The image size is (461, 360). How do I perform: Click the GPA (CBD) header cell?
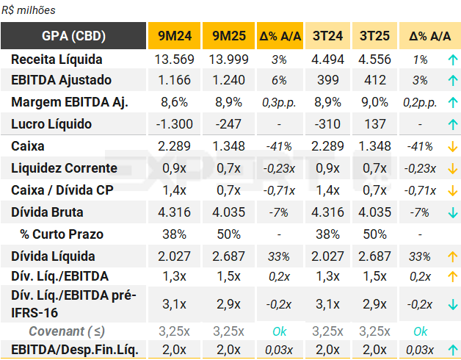pyautogui.click(x=73, y=36)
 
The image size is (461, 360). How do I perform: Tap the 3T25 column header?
pyautogui.click(x=374, y=36)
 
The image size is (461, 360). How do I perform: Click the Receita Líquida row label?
pyautogui.click(x=57, y=60)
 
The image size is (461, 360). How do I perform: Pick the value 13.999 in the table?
pyautogui.click(x=228, y=60)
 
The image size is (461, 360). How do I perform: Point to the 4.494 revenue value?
pyautogui.click(x=327, y=60)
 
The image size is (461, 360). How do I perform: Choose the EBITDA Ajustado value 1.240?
pyautogui.click(x=228, y=80)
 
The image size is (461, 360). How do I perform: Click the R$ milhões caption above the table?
pyautogui.click(x=29, y=10)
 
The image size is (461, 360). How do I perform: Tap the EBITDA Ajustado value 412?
pyautogui.click(x=374, y=80)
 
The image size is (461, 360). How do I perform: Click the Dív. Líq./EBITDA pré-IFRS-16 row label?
pyautogui.click(x=73, y=303)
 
